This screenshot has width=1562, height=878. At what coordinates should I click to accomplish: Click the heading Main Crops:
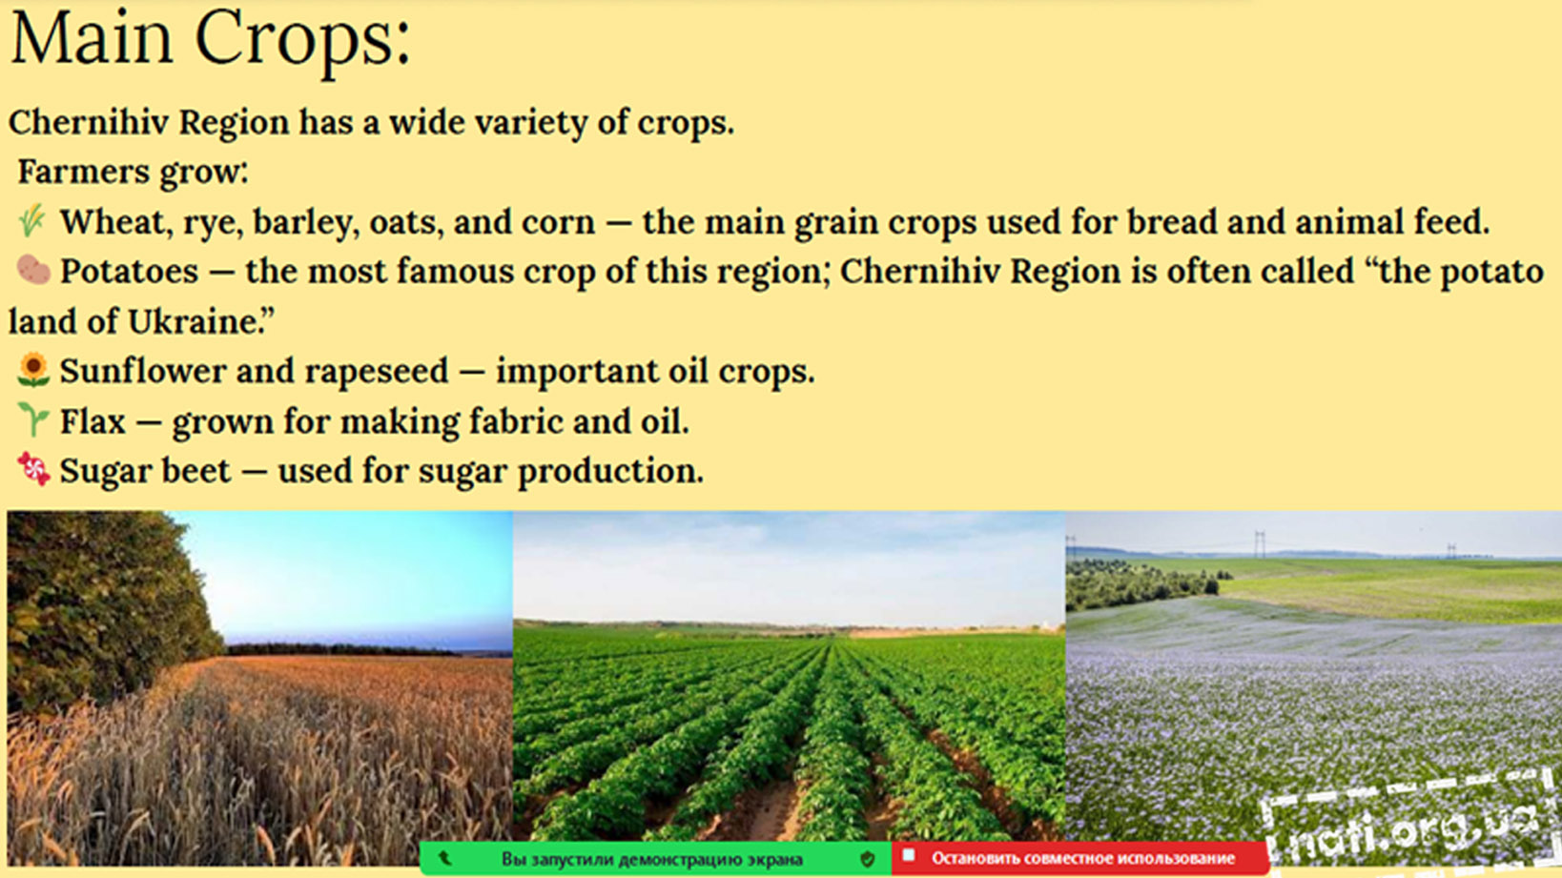[x=211, y=40]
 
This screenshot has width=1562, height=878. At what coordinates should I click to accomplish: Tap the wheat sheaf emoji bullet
[x=31, y=221]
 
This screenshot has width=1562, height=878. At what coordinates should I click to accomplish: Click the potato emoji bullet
[x=33, y=270]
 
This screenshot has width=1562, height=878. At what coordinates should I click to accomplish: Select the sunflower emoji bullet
[x=33, y=370]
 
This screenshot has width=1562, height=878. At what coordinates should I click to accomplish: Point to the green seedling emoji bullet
[x=32, y=419]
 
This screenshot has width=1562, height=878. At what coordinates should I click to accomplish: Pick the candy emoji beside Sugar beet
[x=33, y=469]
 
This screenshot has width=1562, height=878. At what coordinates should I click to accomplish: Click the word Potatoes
[x=129, y=272]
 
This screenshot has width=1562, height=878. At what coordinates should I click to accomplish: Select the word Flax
[x=92, y=421]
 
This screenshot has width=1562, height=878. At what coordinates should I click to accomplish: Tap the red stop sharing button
[x=1079, y=858]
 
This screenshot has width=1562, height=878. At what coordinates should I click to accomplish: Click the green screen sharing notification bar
[x=655, y=859]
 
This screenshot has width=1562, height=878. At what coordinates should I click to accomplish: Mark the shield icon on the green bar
[x=868, y=859]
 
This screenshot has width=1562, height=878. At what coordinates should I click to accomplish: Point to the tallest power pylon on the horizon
[x=1260, y=544]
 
